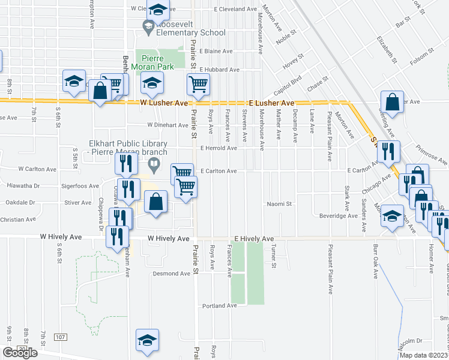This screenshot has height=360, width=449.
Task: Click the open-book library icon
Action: (154, 164)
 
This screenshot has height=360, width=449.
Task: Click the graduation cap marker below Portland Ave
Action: (147, 341)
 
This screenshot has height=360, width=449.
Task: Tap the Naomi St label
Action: (279, 204)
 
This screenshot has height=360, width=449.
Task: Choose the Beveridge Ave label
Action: (339, 215)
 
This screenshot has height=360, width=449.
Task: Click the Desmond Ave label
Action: (173, 274)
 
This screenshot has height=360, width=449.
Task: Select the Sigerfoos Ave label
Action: (80, 186)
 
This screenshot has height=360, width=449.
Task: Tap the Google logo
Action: (20, 353)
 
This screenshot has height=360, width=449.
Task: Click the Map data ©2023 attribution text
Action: (423, 355)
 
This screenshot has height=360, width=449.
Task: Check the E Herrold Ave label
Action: (219, 148)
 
